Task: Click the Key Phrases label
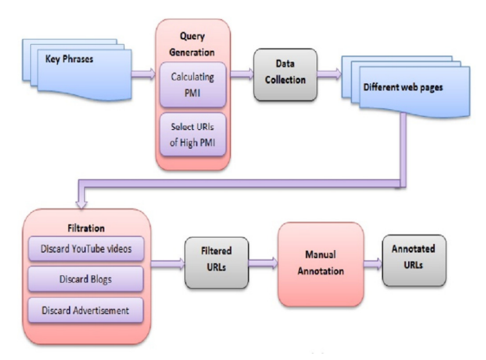pos(69,59)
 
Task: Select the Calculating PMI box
pos(193,85)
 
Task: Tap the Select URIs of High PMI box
pos(193,134)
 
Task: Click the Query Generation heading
pos(192,44)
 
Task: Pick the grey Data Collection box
pos(285,74)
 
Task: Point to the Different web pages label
pos(403,87)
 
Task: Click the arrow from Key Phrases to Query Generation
pos(144,74)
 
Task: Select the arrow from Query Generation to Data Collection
pos(242,74)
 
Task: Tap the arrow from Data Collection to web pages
pos(329,74)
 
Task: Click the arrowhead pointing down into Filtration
pos(81,204)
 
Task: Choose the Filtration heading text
pos(86,228)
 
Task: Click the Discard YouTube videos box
pos(86,248)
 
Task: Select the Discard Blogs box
pos(86,279)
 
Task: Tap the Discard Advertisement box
pos(86,311)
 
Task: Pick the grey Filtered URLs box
pos(216,263)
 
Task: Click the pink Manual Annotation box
pos(321,264)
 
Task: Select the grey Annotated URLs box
pos(414,260)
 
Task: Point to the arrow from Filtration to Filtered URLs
pos(168,264)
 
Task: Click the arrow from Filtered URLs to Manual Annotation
pos(263,263)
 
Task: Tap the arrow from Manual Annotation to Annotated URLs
pos(374,264)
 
